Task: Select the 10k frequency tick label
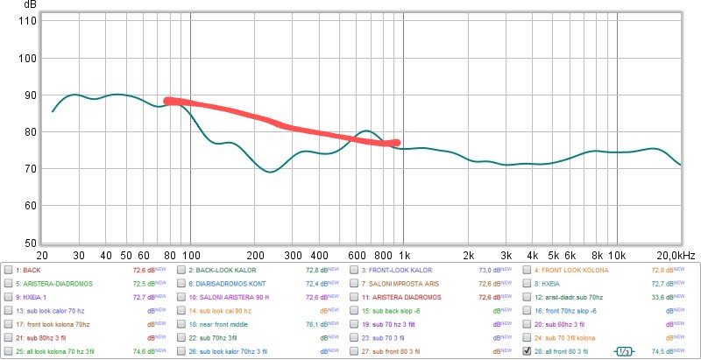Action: [617, 254]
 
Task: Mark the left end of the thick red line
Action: [167, 101]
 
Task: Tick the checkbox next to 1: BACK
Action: [8, 271]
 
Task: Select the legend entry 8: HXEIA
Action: [553, 284]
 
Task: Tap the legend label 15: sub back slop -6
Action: [397, 311]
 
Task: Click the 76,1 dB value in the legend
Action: [316, 324]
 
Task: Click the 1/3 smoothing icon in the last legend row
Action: [623, 350]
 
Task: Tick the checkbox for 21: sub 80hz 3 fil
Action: [8, 337]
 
